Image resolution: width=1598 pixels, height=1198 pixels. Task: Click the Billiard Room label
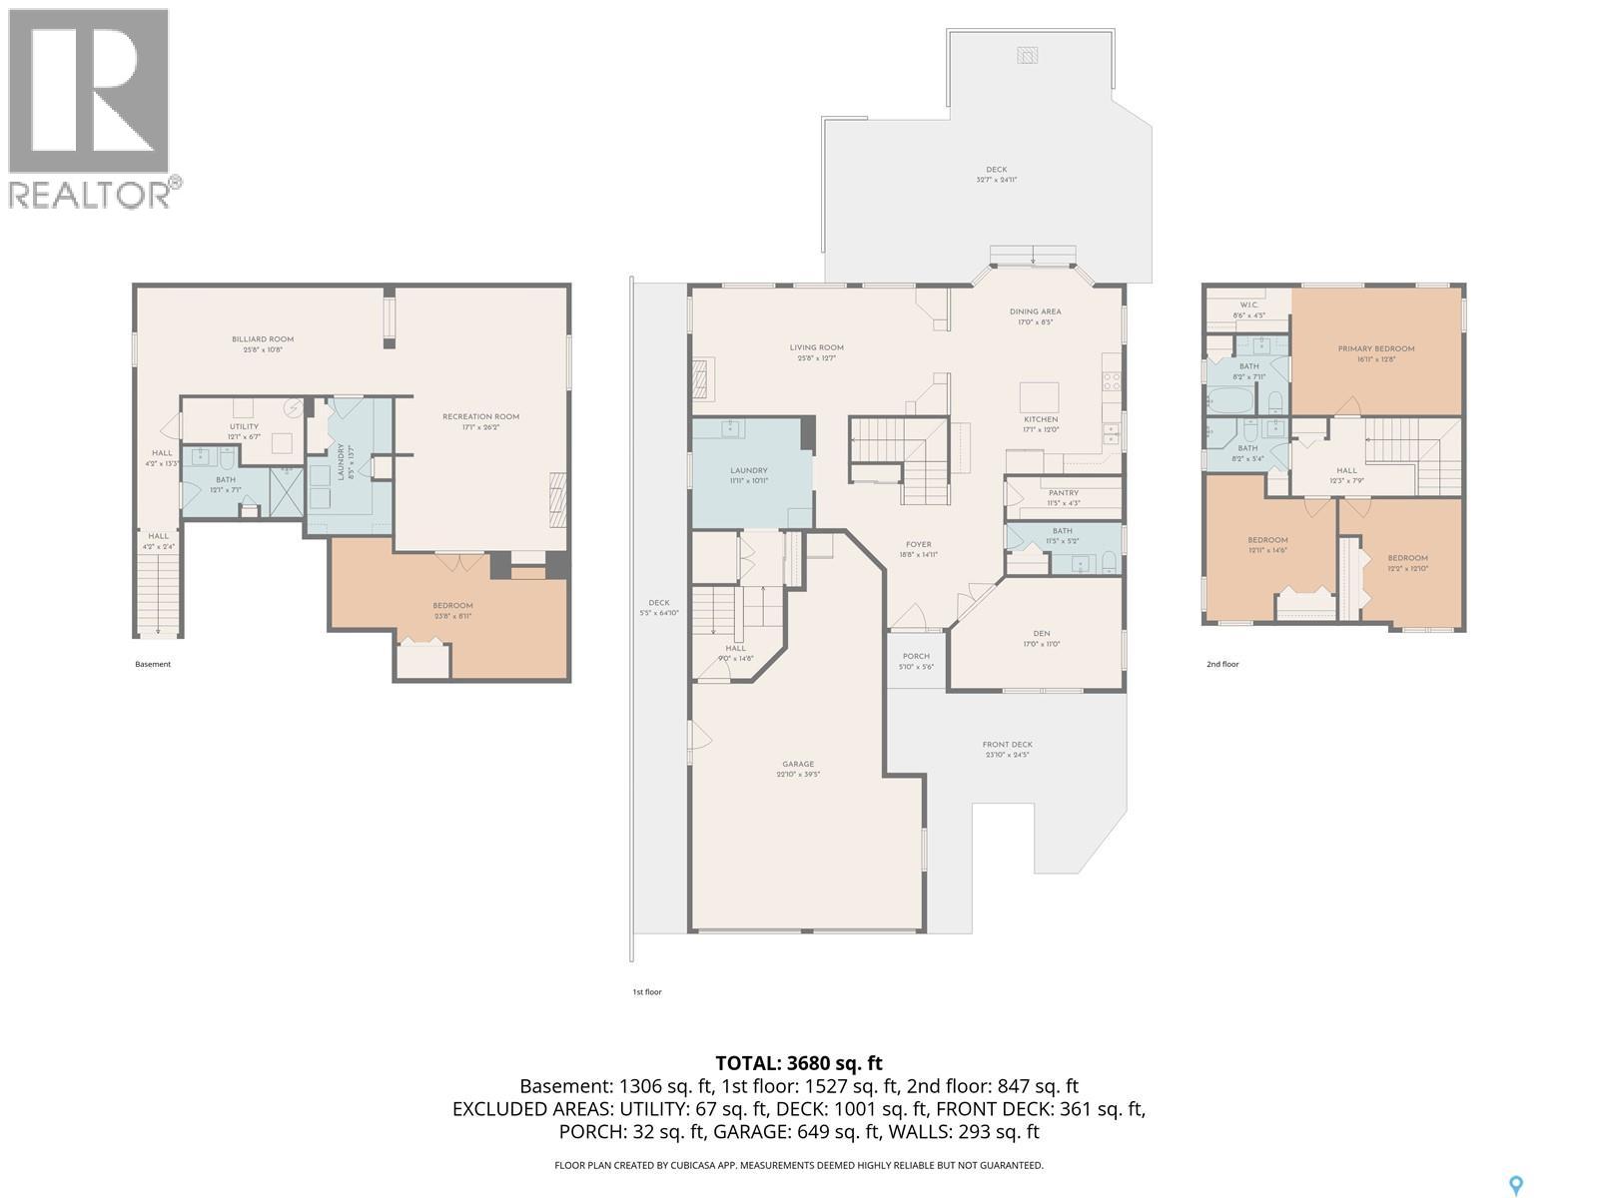(x=263, y=339)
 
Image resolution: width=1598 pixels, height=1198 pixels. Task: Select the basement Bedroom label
(x=452, y=605)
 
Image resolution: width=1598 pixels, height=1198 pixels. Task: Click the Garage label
(x=797, y=765)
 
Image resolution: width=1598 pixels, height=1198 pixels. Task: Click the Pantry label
(x=1064, y=492)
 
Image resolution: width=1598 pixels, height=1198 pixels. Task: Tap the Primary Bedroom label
(x=1375, y=348)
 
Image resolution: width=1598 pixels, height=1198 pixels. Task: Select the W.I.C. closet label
(x=1248, y=304)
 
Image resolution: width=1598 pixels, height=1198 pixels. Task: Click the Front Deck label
(x=1007, y=744)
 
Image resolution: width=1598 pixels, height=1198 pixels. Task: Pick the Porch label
(x=915, y=656)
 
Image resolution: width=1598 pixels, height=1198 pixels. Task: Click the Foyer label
(x=918, y=544)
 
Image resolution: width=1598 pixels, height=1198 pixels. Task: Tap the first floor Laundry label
(x=748, y=470)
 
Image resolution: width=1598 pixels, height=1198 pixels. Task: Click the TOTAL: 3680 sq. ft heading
(x=799, y=1063)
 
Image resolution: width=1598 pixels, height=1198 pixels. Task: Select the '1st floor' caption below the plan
(x=647, y=991)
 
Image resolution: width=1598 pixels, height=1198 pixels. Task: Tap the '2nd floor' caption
(x=1222, y=664)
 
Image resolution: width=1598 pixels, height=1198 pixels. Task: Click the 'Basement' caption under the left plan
(x=153, y=664)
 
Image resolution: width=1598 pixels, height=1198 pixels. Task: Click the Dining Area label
(x=1035, y=311)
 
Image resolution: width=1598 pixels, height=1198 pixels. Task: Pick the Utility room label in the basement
(x=244, y=426)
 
